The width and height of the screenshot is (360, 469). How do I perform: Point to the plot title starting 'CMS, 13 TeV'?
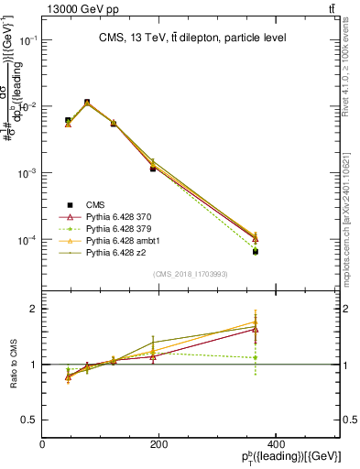click(x=191, y=38)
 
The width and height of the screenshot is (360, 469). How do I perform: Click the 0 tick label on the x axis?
click(x=43, y=444)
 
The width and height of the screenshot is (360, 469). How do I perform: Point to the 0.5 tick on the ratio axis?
click(x=29, y=420)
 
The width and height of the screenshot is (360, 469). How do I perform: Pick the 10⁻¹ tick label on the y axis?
click(x=27, y=40)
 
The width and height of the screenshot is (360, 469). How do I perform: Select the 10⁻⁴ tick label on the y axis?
click(x=27, y=240)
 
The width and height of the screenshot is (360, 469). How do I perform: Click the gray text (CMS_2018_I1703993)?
click(x=191, y=274)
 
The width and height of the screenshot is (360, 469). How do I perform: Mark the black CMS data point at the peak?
click(x=87, y=103)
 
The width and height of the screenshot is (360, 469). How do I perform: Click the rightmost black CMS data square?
click(x=256, y=251)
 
